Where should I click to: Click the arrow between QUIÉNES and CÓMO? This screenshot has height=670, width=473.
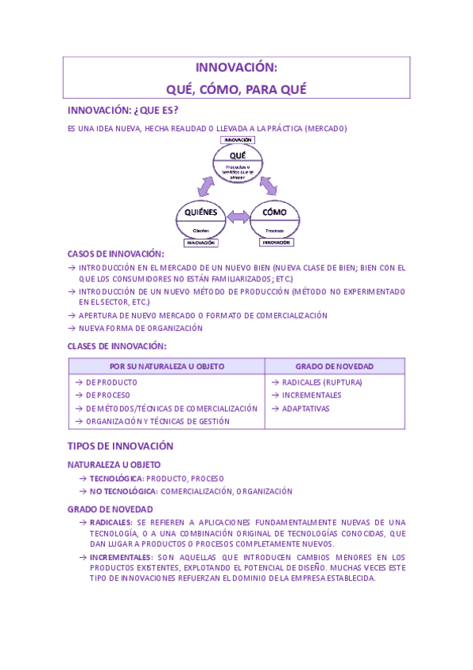coord(238,216)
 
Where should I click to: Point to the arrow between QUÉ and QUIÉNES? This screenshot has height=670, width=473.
coord(206,186)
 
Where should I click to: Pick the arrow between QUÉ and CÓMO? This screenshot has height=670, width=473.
coord(268,185)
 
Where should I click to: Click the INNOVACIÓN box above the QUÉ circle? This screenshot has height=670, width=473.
coord(238,140)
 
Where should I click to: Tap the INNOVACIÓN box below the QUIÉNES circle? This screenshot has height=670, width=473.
coord(201,243)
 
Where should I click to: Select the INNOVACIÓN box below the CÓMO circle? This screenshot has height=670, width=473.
coord(276,243)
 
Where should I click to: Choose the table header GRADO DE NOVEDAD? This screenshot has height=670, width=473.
coord(334,367)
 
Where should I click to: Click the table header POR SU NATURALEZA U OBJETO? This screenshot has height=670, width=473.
coord(167,367)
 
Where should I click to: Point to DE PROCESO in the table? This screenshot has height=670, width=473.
coord(108,395)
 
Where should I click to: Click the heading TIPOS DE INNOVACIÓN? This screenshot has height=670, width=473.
coord(120,446)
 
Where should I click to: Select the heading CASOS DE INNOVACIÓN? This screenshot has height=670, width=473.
coord(116,254)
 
